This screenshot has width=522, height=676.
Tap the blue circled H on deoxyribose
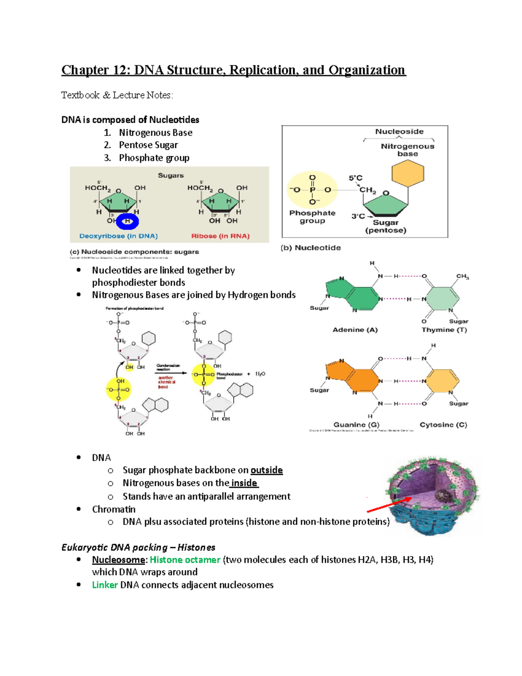(127, 222)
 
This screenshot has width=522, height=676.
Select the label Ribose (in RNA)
(220, 236)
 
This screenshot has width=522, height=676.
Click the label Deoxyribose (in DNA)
(118, 236)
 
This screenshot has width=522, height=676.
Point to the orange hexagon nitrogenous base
(408, 173)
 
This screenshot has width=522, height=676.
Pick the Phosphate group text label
(312, 217)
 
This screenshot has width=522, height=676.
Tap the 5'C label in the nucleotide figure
(355, 178)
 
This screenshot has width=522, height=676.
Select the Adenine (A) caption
(355, 330)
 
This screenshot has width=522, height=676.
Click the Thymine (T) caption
(444, 330)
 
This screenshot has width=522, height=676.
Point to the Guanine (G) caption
(356, 424)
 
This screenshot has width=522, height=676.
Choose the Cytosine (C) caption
(443, 424)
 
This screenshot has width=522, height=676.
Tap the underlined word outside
(266, 470)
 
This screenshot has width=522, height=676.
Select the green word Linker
(105, 585)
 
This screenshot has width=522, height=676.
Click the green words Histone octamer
(185, 560)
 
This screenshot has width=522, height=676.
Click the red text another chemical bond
(166, 382)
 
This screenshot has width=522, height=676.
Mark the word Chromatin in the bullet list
(114, 509)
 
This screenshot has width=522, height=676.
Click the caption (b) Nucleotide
(311, 248)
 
